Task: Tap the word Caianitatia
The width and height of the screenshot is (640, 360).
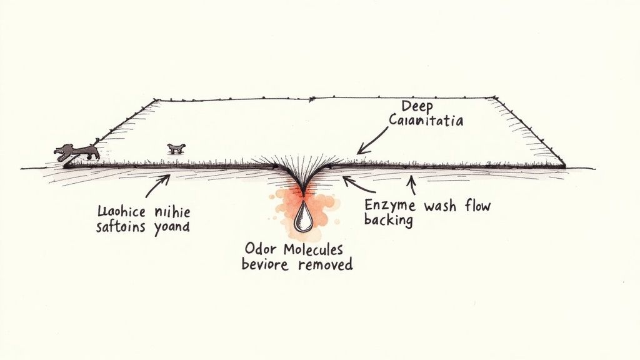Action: [426, 120]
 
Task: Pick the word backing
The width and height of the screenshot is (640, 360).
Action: [388, 220]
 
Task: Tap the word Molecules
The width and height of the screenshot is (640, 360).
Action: [314, 249]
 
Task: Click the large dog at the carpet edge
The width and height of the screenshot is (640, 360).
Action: [77, 151]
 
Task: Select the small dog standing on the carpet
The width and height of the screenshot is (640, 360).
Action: [176, 148]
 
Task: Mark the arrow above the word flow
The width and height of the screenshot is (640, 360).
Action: [411, 182]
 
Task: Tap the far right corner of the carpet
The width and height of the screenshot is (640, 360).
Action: [564, 166]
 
